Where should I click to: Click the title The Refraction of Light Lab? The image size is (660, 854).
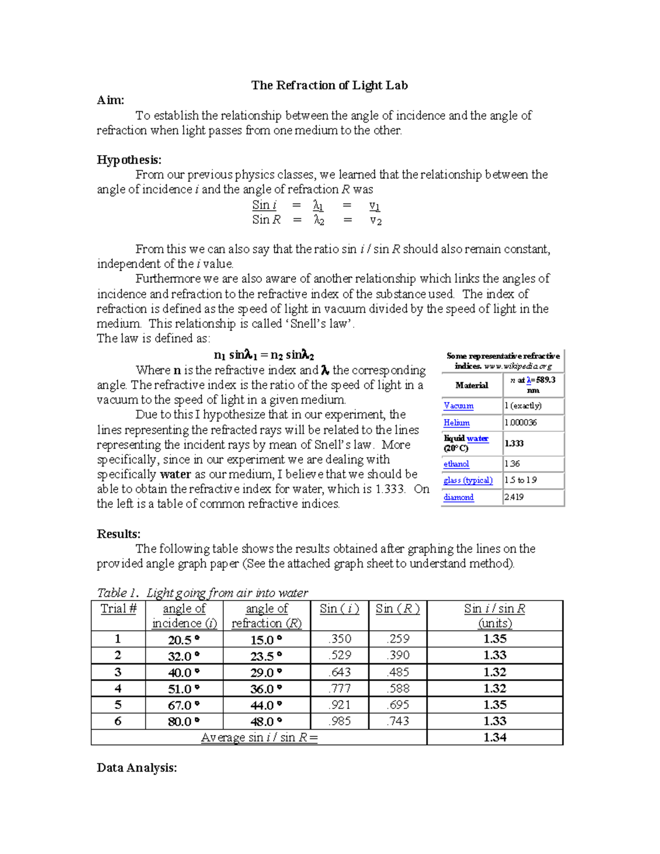pyautogui.click(x=329, y=85)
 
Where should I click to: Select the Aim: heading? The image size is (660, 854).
pyautogui.click(x=111, y=100)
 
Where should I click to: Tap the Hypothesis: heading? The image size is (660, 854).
pyautogui.click(x=129, y=159)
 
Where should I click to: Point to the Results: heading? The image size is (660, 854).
pyautogui.click(x=119, y=534)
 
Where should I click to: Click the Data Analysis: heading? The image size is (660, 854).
pyautogui.click(x=137, y=768)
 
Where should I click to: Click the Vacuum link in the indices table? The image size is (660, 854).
pyautogui.click(x=458, y=406)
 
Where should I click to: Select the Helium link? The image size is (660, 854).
pyautogui.click(x=457, y=423)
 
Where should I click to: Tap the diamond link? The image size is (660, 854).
pyautogui.click(x=459, y=497)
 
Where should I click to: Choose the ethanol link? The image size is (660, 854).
pyautogui.click(x=457, y=464)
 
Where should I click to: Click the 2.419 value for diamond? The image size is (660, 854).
pyautogui.click(x=514, y=497)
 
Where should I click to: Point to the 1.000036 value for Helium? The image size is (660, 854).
pyautogui.click(x=521, y=423)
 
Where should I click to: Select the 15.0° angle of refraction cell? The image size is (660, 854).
pyautogui.click(x=266, y=640)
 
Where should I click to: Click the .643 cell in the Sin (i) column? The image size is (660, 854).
pyautogui.click(x=339, y=673)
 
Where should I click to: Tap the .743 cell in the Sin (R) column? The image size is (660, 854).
pyautogui.click(x=398, y=721)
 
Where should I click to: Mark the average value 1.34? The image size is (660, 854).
pyautogui.click(x=495, y=737)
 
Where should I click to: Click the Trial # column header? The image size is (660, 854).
pyautogui.click(x=118, y=609)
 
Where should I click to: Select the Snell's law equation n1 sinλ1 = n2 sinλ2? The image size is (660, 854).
pyautogui.click(x=264, y=355)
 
